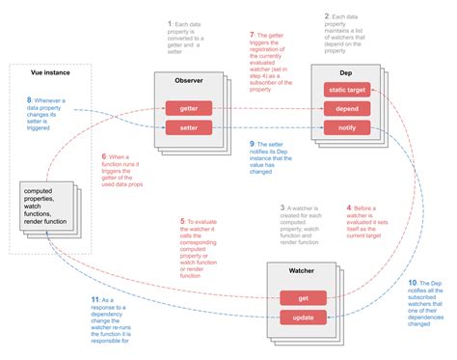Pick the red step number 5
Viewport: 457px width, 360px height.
click(184, 221)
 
